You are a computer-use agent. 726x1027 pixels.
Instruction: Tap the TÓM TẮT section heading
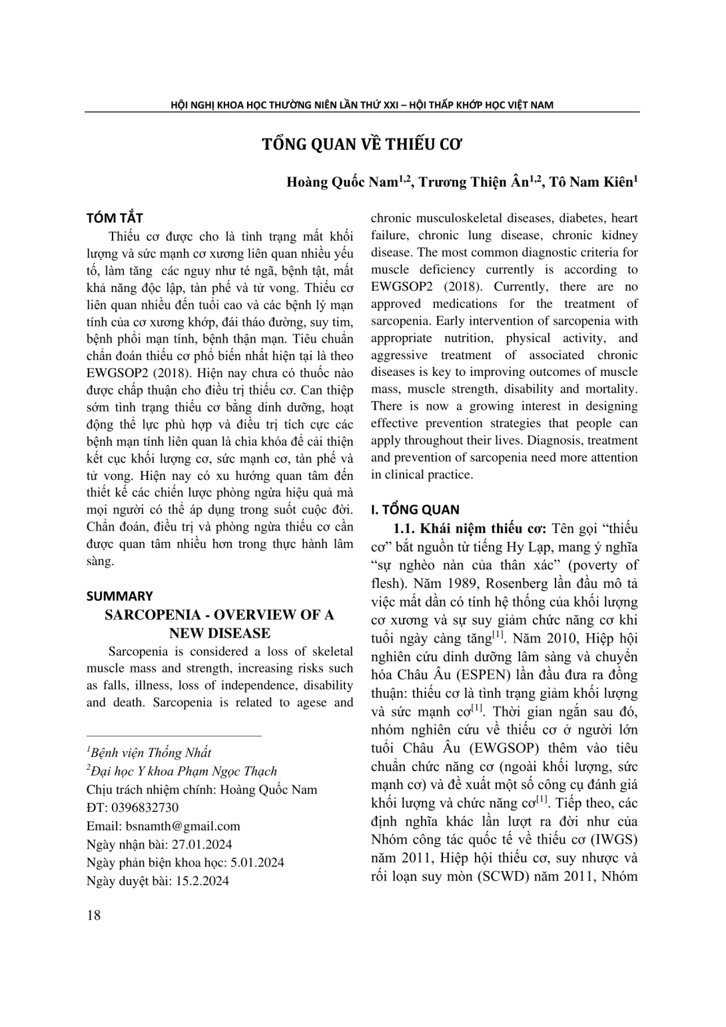(115, 218)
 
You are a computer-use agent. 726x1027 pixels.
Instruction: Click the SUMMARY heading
(120, 596)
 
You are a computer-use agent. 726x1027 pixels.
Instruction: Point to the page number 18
(94, 915)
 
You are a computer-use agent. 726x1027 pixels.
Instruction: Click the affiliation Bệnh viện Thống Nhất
(151, 752)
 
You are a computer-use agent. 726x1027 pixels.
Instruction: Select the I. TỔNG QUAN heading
(415, 510)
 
